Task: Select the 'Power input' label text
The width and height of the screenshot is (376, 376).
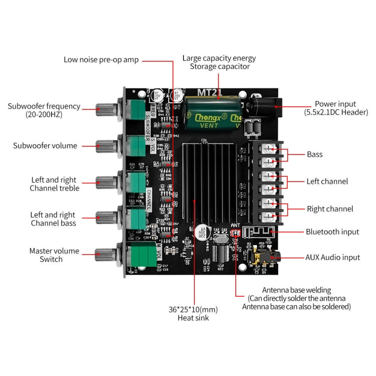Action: [x=335, y=104]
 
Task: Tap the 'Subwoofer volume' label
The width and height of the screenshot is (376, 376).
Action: [x=45, y=146]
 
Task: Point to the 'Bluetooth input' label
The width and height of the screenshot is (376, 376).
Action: [x=332, y=232]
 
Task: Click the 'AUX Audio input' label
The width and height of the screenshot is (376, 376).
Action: [x=332, y=257]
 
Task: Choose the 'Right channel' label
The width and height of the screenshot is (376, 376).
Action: [x=329, y=209]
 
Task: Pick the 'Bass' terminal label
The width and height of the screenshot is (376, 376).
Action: [x=314, y=154]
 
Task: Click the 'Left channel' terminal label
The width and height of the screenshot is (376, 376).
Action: [x=327, y=181]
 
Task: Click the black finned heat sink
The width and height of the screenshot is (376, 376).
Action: [x=208, y=175]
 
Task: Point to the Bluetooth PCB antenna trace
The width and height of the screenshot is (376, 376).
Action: [x=257, y=232]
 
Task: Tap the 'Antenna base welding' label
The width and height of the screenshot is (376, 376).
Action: [x=296, y=290]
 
